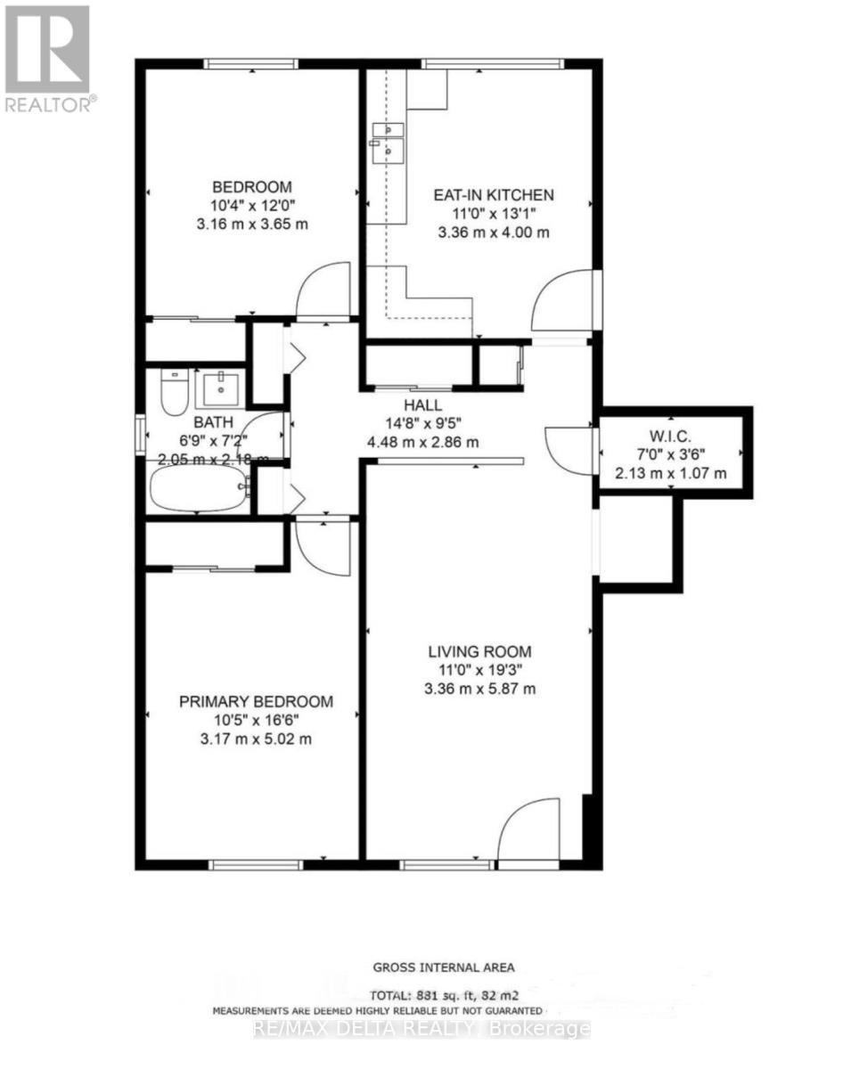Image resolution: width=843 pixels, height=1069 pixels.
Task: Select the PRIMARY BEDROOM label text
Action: [257, 702]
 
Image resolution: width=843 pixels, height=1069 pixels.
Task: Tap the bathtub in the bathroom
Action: [198, 489]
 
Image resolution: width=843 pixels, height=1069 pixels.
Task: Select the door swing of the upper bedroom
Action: [324, 289]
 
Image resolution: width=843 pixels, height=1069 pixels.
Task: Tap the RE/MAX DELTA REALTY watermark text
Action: [421, 1030]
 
